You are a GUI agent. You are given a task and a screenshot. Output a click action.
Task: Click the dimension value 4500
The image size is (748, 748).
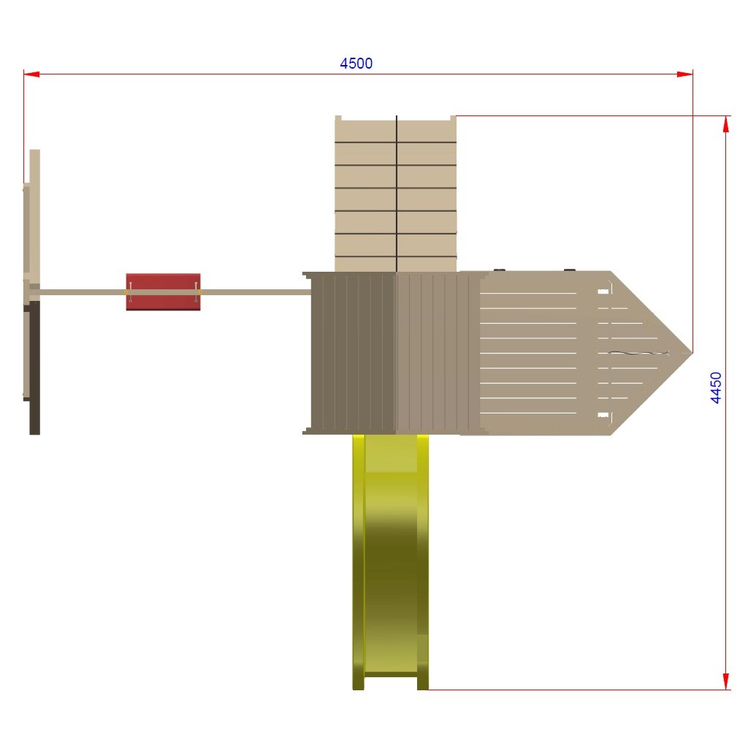pos(356,64)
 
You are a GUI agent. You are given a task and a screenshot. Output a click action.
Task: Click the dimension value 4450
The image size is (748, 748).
pos(716,388)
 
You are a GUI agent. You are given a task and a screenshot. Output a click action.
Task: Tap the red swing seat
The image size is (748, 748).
pos(163,292)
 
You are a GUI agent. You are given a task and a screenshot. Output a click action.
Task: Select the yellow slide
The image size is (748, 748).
pos(390,562)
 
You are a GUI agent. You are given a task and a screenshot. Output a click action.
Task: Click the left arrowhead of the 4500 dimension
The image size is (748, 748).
pos(31,74)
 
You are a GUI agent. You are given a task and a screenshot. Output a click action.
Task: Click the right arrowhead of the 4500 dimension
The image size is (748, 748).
pos(684,74)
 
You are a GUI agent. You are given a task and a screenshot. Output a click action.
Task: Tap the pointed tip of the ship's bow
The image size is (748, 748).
pos(692,353)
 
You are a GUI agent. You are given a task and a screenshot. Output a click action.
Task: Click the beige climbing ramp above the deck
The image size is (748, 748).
pos(395,194)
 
